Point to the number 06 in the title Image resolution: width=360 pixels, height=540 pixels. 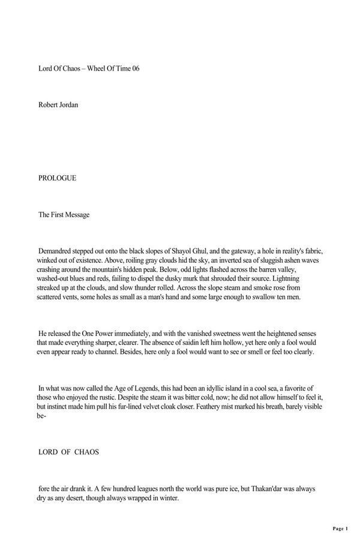click(135, 68)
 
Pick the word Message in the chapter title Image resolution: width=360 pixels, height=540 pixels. click(76, 215)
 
